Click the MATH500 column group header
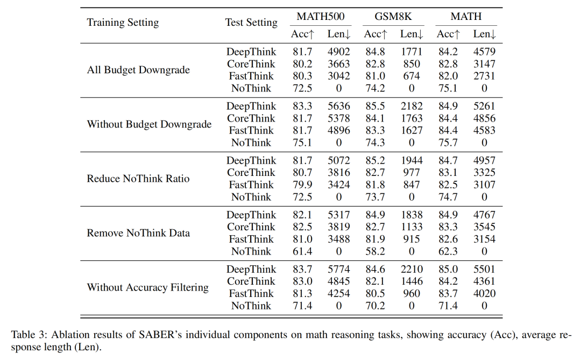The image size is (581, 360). [321, 17]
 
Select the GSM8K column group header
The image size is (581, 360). [393, 17]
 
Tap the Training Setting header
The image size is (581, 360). [123, 23]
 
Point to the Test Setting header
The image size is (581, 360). [251, 23]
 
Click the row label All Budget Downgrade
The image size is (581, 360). [138, 70]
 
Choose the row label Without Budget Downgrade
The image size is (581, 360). [149, 124]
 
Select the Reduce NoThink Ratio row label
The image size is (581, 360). [138, 179]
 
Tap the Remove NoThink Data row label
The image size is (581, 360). [138, 233]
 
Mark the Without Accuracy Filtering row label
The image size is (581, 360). [147, 288]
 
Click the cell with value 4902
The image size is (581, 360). [339, 52]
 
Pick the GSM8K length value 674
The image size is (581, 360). [412, 76]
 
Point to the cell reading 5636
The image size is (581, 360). [339, 107]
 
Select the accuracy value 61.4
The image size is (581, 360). [302, 251]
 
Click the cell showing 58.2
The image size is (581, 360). [375, 251]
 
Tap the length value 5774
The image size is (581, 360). [339, 270]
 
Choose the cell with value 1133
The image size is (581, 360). [412, 227]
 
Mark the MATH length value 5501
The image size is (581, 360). [484, 270]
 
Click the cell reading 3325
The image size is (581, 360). [484, 173]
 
